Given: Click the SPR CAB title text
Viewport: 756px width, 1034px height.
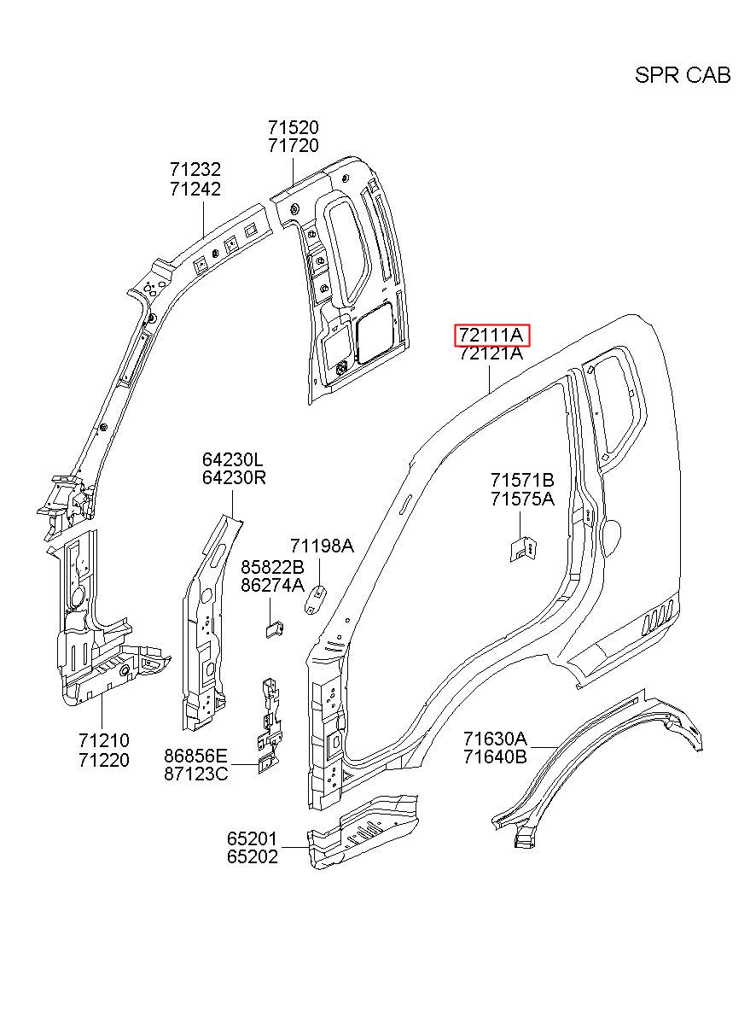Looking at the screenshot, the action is (683, 75).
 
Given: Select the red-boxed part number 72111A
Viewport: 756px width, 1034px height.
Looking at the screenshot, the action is (493, 335).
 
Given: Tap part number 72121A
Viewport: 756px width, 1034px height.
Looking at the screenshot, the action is (491, 353).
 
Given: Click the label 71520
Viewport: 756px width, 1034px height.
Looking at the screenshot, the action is (294, 127).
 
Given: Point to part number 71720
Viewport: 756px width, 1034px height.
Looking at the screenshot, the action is (294, 146).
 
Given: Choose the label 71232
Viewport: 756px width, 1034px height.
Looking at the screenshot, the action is (195, 169).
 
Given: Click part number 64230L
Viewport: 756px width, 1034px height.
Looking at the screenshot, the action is (232, 459).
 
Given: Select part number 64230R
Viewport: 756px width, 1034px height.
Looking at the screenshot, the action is (234, 478).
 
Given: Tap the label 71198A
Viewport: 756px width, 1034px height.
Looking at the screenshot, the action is (322, 546).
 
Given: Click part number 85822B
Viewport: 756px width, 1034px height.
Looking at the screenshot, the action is (272, 567).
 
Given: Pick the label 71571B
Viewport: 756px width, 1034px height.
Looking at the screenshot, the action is (522, 481).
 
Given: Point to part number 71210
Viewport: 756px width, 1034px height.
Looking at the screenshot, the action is (104, 741).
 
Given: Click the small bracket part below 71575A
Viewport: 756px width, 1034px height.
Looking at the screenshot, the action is (524, 549).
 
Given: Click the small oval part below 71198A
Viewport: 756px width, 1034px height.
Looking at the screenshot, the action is (315, 599).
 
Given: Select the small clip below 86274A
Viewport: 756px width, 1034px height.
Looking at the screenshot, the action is (275, 629).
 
